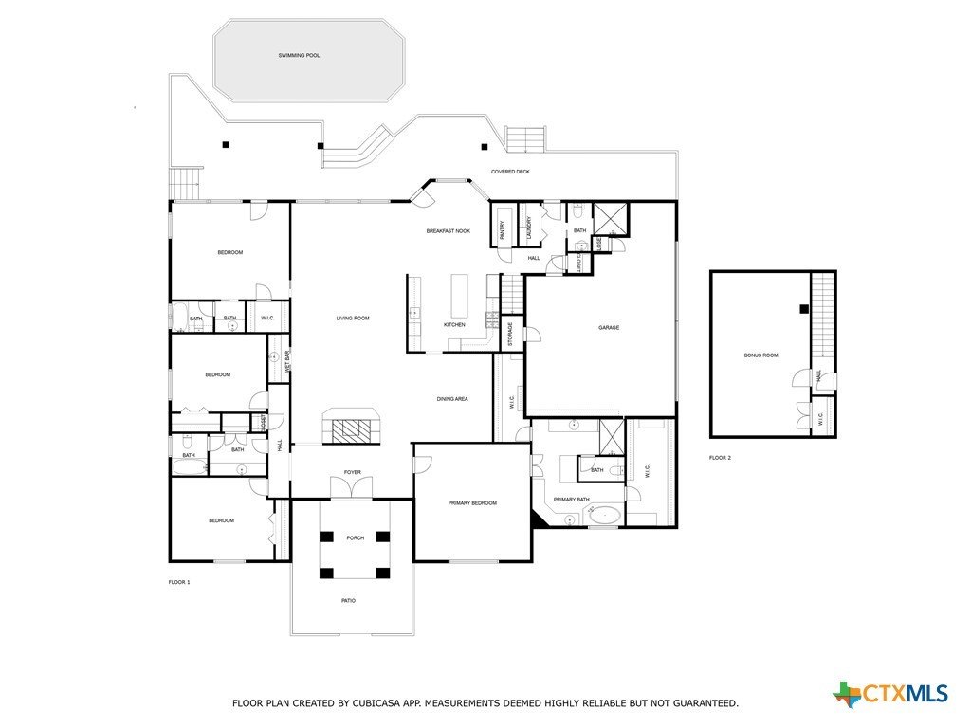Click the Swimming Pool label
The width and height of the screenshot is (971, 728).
click(299, 56)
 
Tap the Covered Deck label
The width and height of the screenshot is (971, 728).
click(510, 172)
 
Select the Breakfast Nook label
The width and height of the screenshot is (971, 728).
click(448, 231)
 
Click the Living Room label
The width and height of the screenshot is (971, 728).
click(352, 318)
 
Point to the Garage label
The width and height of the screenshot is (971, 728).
click(608, 328)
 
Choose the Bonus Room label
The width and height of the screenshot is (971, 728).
click(760, 355)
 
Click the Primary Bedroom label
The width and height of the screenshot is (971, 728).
click(472, 503)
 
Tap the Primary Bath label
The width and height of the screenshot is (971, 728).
click(572, 500)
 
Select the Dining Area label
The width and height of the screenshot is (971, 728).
click(452, 399)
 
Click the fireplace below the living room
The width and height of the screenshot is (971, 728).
click(353, 427)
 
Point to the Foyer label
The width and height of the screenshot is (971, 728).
click(352, 472)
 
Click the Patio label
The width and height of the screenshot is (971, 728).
click(349, 601)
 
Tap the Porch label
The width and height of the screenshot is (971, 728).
click(355, 538)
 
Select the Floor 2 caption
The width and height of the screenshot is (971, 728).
click(720, 458)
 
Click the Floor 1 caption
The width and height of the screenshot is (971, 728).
click(179, 582)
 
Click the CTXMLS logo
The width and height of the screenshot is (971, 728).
click(890, 694)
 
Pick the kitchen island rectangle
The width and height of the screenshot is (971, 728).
click(460, 296)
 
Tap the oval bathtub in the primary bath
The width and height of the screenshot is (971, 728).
click(605, 516)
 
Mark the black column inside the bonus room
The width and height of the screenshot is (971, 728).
click(802, 308)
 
